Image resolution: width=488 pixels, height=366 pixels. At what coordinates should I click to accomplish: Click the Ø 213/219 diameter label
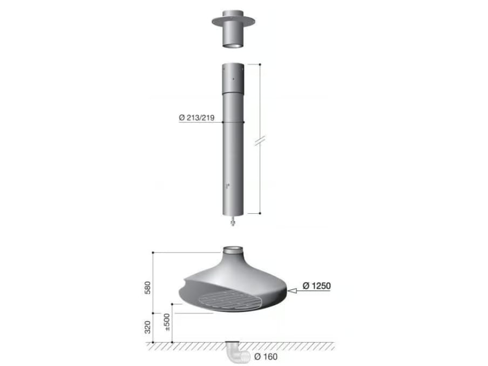point(197,118)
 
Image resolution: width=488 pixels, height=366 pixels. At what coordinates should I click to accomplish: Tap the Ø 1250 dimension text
point(316,286)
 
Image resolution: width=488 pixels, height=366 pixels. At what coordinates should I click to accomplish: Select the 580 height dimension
point(147,287)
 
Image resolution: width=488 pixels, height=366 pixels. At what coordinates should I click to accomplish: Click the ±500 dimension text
point(166,322)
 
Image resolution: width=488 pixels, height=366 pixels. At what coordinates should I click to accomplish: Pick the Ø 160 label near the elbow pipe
point(265,356)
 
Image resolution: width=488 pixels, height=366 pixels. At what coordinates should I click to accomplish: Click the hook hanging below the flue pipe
point(233,220)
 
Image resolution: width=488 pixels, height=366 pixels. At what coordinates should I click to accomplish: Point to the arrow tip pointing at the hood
point(289,291)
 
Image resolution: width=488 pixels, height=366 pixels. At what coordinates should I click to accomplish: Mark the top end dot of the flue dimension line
point(260,64)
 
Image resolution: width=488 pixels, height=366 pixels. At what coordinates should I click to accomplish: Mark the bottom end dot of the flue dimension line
point(260,213)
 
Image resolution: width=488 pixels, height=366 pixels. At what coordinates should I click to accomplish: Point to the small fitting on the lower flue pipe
point(229,185)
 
